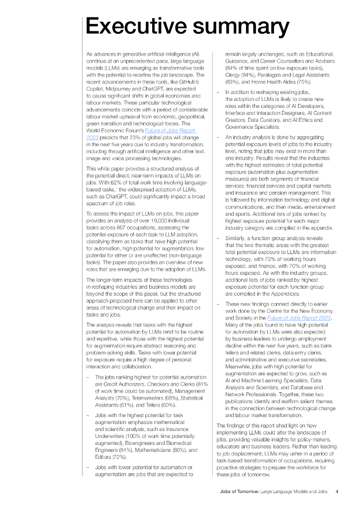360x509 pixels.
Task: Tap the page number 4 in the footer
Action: tap(337, 491)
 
